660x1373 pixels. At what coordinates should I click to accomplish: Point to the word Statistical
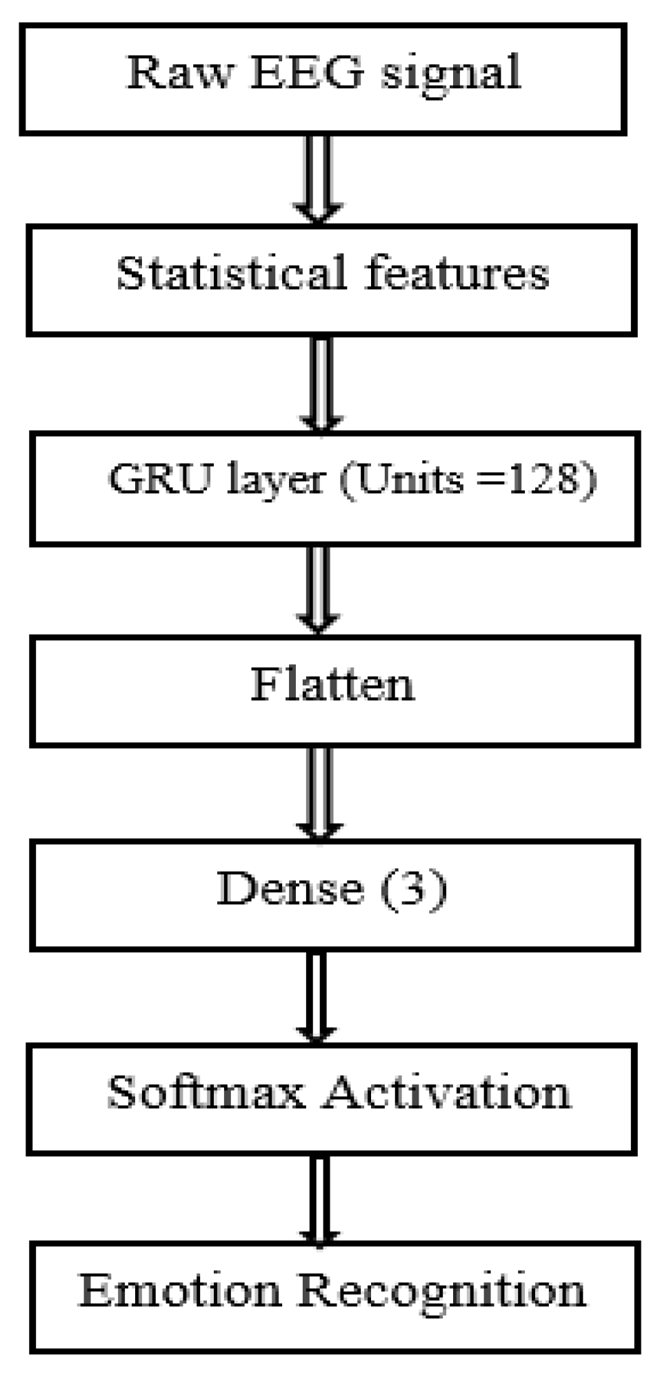[x=231, y=273]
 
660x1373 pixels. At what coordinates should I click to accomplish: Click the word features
[x=457, y=273]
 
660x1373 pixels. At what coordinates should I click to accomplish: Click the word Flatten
[x=332, y=684]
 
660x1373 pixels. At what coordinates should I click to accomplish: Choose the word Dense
[x=290, y=888]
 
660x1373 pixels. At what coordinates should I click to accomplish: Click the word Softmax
[x=206, y=1092]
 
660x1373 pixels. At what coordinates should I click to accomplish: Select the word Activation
[x=447, y=1092]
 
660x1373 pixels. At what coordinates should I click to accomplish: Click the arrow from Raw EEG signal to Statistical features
[x=318, y=178]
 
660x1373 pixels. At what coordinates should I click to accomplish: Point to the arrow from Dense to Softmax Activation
[x=316, y=996]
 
